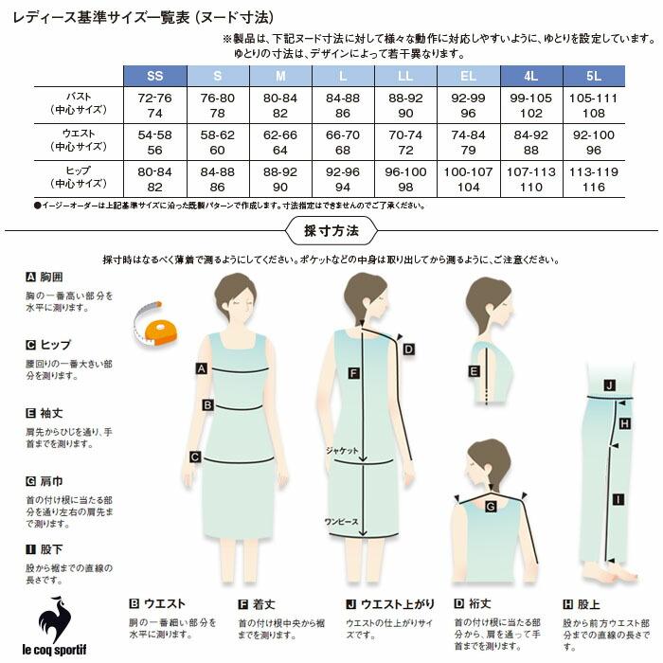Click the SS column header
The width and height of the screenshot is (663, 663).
click(x=154, y=75)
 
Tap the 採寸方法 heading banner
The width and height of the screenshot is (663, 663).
click(x=331, y=230)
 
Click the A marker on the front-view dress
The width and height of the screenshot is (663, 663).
click(x=201, y=368)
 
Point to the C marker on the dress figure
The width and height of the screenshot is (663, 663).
click(x=194, y=457)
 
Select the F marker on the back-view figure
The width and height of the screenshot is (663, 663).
click(x=353, y=373)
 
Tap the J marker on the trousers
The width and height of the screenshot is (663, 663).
click(x=610, y=385)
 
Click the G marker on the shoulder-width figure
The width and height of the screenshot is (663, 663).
click(x=491, y=507)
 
